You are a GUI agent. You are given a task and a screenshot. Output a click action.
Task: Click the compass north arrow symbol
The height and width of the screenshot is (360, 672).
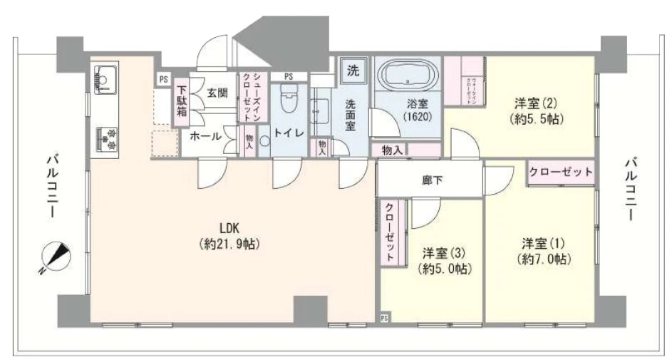click(54, 257)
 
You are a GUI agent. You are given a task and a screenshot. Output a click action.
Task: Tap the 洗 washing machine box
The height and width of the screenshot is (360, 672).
click(352, 71)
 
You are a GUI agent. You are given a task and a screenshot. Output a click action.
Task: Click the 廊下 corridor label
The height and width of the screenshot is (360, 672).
click(432, 180)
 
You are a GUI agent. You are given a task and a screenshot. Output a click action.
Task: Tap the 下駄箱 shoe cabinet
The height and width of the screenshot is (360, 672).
click(182, 100)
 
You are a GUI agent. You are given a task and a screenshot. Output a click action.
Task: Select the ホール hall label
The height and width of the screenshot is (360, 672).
click(205, 135)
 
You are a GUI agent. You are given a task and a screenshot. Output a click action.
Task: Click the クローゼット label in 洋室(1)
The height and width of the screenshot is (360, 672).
click(561, 172)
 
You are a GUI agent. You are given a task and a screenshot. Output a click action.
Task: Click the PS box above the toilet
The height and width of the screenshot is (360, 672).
click(289, 76)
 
